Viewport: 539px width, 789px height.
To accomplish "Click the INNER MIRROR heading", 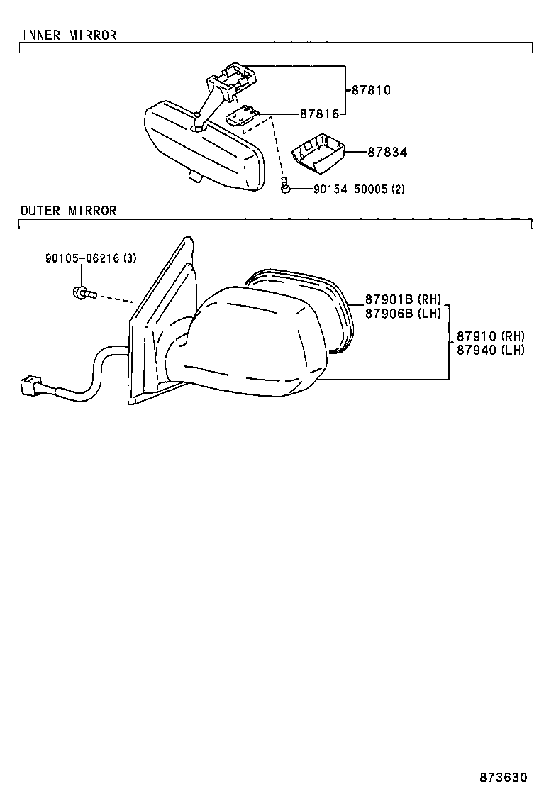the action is pos(70,35).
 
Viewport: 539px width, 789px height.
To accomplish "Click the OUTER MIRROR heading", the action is pos(68,210).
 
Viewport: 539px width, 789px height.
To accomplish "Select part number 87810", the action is pos(370,90).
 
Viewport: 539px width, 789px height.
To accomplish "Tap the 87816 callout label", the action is pos(319,114).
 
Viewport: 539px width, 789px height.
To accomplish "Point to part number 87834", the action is pos(387,152).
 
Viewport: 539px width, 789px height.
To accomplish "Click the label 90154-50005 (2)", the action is pos(359,189).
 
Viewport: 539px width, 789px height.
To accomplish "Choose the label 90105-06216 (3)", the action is pos(91,258).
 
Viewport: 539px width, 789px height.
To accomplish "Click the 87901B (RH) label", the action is pos(403,299).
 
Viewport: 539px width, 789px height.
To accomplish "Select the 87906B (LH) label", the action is pos(403,313).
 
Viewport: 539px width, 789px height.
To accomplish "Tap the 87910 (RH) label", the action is pos(491,336).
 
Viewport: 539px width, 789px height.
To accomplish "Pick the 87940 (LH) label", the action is pos(491,350).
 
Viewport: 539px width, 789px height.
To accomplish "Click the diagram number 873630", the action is pos(503,778).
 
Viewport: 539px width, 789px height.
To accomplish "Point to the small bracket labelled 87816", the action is pos(243,116).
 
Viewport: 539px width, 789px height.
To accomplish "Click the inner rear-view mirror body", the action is pos(204,145).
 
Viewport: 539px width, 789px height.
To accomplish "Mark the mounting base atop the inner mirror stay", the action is pos(233,79).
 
